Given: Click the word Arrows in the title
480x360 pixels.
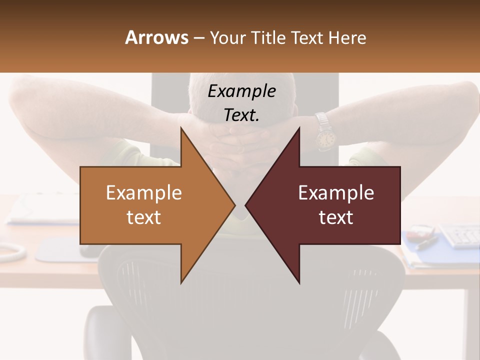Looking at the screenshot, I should click(x=156, y=37).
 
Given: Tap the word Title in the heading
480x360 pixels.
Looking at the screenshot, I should click(x=267, y=38).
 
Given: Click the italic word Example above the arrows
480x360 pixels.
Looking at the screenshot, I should click(x=242, y=91).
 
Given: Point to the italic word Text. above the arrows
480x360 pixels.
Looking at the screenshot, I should click(x=242, y=115).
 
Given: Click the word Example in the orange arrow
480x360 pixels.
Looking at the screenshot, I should click(x=144, y=193).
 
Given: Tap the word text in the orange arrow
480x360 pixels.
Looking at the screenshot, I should click(x=144, y=217).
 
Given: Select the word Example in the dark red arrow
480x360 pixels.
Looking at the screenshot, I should click(x=336, y=193).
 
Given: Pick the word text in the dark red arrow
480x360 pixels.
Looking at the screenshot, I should click(x=336, y=217).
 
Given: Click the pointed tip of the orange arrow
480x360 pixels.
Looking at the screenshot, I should click(x=233, y=205).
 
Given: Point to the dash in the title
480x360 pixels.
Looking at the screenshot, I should click(x=198, y=38).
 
